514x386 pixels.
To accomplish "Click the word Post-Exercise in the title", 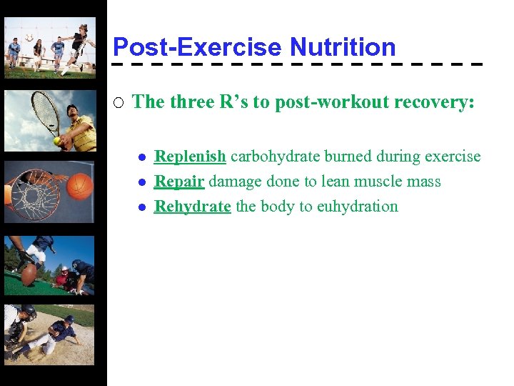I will [198, 47].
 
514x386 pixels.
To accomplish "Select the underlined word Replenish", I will [190, 157].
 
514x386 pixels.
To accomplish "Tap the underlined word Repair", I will [179, 182].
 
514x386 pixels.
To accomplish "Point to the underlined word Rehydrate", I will [192, 207].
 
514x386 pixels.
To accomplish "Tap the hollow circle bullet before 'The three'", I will [119, 102].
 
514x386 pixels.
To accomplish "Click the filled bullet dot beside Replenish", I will [142, 158].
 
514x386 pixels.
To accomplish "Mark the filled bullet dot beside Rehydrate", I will [142, 208].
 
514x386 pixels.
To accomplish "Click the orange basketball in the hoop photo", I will [81, 186].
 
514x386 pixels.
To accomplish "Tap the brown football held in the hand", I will [29, 274].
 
